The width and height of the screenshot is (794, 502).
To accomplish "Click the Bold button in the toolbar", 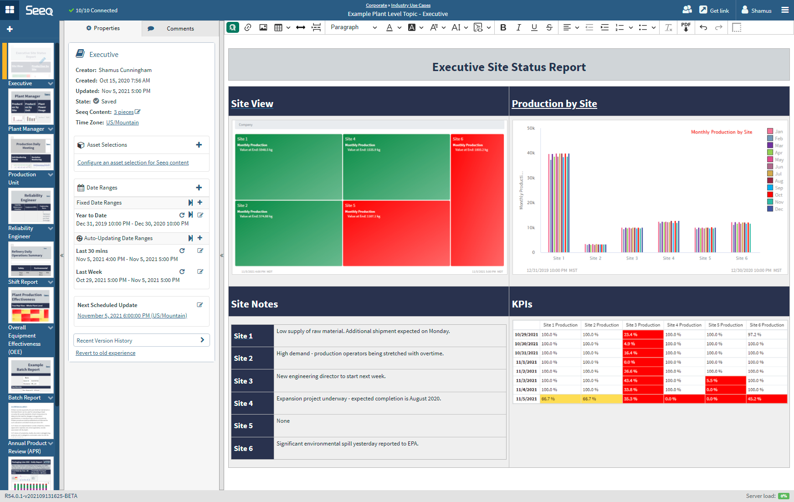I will pyautogui.click(x=503, y=27).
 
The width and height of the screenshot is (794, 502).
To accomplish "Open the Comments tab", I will pyautogui.click(x=180, y=28).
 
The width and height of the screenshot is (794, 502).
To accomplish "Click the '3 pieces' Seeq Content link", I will pyautogui.click(x=123, y=112).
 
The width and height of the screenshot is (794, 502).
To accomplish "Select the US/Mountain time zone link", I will pyautogui.click(x=122, y=123).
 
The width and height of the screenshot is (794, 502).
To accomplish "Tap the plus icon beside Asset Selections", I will pyautogui.click(x=199, y=145).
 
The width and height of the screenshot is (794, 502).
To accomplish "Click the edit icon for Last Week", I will pyautogui.click(x=200, y=271).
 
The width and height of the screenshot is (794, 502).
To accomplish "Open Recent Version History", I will pyautogui.click(x=141, y=340).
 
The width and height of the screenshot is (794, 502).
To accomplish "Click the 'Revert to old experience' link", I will pyautogui.click(x=105, y=353).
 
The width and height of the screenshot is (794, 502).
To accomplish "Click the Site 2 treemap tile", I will pyautogui.click(x=288, y=233).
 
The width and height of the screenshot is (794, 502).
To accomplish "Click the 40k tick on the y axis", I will pyautogui.click(x=531, y=153).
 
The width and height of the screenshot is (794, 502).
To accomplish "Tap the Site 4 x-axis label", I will pyautogui.click(x=668, y=258).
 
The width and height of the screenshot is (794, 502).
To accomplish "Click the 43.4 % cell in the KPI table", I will pyautogui.click(x=642, y=380).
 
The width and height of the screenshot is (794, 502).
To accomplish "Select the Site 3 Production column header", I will pyautogui.click(x=642, y=325).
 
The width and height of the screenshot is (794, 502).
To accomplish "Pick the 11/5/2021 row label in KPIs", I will pyautogui.click(x=526, y=399).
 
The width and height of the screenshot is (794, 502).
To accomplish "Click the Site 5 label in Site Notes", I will pyautogui.click(x=243, y=425).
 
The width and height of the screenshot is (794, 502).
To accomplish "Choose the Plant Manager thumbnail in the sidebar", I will pyautogui.click(x=31, y=107).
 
